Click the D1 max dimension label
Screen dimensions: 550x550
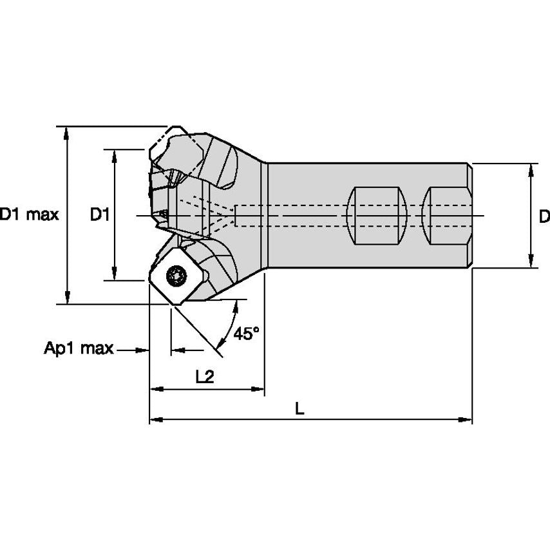pyautogui.click(x=30, y=215)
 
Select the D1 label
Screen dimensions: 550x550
pyautogui.click(x=99, y=215)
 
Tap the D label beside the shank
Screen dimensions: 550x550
pyautogui.click(x=544, y=216)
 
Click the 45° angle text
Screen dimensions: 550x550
pyautogui.click(x=247, y=334)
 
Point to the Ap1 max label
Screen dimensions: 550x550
pyautogui.click(x=79, y=349)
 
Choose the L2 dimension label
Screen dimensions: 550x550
pyautogui.click(x=204, y=378)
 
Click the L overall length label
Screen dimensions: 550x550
pyautogui.click(x=299, y=408)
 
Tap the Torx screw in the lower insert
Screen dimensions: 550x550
pyautogui.click(x=175, y=278)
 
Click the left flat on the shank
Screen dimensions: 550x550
pyautogui.click(x=377, y=215)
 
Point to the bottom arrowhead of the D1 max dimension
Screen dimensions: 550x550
pyautogui.click(x=67, y=298)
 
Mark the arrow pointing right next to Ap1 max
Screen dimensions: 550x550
pyautogui.click(x=143, y=350)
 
